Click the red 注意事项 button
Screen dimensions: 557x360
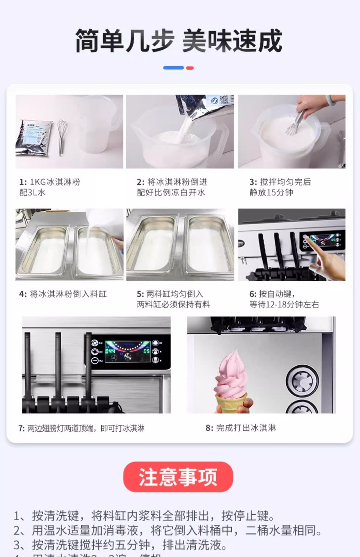pyautogui.click(x=178, y=477)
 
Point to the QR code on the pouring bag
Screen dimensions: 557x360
pyautogui.click(x=226, y=101)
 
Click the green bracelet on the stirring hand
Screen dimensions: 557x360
pyautogui.click(x=331, y=100)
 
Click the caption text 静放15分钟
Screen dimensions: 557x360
pyautogui.click(x=271, y=193)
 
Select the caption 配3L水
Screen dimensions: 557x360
pyautogui.click(x=32, y=193)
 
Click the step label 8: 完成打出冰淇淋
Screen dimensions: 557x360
pyautogui.click(x=241, y=428)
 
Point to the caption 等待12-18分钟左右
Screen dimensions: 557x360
pyautogui.click(x=284, y=305)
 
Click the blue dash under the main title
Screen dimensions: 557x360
pyautogui.click(x=173, y=68)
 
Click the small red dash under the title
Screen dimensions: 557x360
pyautogui.click(x=190, y=68)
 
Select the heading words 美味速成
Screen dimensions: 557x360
pyautogui.click(x=232, y=41)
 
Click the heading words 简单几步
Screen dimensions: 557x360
pyautogui.click(x=125, y=41)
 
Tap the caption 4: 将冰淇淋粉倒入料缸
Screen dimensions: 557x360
pyautogui.click(x=63, y=294)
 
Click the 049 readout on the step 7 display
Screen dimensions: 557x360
pyautogui.click(x=110, y=351)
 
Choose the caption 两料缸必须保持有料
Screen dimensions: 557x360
pyautogui.click(x=173, y=305)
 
